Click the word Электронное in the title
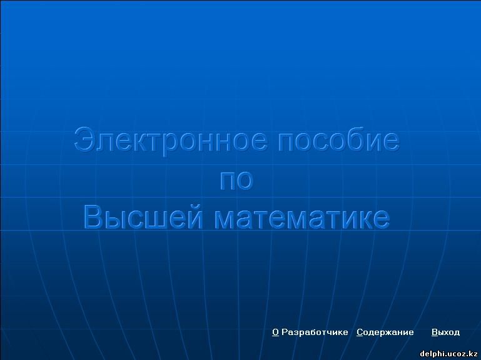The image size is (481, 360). click(x=171, y=141)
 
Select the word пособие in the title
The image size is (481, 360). click(x=338, y=140)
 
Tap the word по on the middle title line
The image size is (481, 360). click(x=236, y=180)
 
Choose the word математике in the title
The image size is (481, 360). click(x=302, y=218)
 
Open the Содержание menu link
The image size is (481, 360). click(x=385, y=332)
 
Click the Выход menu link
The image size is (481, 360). click(x=445, y=332)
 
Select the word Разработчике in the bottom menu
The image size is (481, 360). click(x=315, y=332)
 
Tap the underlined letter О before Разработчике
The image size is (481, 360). click(x=275, y=332)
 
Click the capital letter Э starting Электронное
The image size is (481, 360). click(x=84, y=140)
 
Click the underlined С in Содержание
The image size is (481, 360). click(x=360, y=332)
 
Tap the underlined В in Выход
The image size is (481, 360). click(x=435, y=332)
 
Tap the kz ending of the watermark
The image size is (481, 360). click(x=473, y=354)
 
